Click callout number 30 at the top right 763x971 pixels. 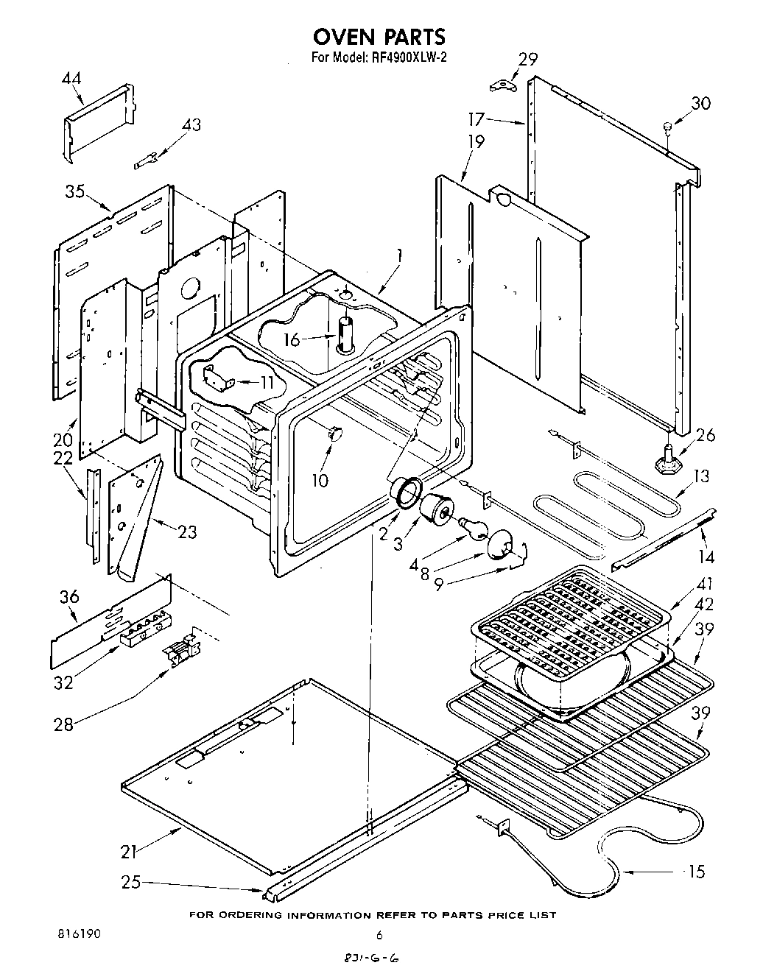point(700,103)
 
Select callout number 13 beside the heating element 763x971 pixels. point(701,476)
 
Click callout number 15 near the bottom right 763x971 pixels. point(695,872)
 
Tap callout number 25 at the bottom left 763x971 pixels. point(133,882)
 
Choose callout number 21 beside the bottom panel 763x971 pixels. point(129,852)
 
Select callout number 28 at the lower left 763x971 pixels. point(63,724)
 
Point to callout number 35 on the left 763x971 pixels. point(74,193)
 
